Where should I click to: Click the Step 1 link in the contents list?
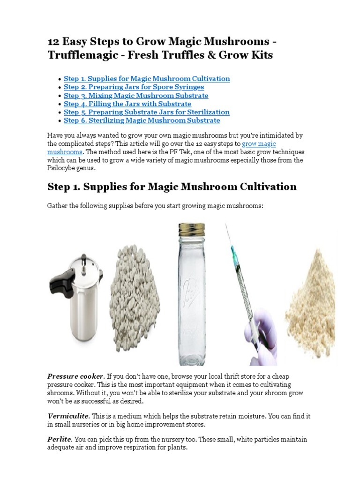click(147, 79)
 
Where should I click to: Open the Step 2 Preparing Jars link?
click(134, 87)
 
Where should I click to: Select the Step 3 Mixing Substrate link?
click(136, 96)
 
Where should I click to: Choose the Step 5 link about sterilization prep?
click(147, 112)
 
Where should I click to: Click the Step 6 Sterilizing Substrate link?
click(142, 120)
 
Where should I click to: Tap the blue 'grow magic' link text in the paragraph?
click(259, 144)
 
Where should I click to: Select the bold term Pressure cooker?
click(75, 376)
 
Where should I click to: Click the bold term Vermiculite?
click(68, 416)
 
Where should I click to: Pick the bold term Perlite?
click(60, 439)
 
